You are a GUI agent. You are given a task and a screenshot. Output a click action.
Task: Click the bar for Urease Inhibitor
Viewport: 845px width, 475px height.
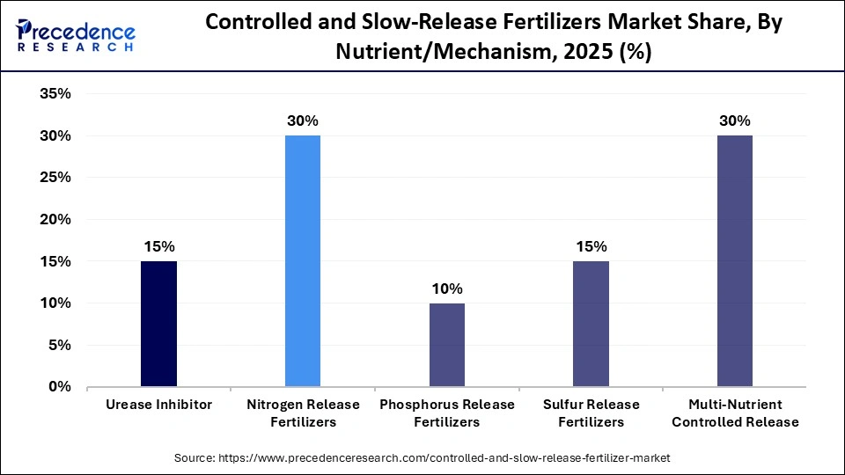(x=158, y=324)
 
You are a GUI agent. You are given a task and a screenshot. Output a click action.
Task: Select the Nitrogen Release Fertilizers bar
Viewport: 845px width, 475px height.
(x=303, y=261)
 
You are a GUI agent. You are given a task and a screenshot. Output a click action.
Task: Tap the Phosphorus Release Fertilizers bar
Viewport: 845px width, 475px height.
(x=447, y=345)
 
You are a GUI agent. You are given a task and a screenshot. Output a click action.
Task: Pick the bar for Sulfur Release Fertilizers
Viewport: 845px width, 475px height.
(x=591, y=324)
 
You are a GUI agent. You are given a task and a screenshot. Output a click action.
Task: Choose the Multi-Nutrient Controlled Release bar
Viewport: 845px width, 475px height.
(x=735, y=261)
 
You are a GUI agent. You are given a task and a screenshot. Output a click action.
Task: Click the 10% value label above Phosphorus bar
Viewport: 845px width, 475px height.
(x=447, y=289)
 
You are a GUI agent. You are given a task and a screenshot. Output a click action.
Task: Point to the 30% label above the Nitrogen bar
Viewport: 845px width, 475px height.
(x=303, y=121)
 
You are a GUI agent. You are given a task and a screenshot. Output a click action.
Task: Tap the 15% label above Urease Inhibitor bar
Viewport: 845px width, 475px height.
(x=158, y=246)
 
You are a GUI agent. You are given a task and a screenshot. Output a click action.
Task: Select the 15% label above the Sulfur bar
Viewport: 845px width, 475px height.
(x=591, y=246)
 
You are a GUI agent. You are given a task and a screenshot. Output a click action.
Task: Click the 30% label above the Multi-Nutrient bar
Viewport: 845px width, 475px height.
(x=735, y=121)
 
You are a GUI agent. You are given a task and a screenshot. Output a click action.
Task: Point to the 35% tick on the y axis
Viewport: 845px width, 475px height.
(x=55, y=94)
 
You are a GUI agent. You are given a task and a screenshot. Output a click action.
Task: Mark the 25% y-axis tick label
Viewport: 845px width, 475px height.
(x=55, y=178)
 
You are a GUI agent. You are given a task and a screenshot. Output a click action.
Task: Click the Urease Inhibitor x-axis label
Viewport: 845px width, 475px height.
(x=158, y=405)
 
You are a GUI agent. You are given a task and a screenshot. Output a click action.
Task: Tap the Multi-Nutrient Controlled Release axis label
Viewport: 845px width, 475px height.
(x=735, y=413)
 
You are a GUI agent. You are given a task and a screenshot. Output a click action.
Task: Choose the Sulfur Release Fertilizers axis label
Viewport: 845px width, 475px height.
(x=591, y=413)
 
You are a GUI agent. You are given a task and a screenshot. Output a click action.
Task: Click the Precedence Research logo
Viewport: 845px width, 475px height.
(x=76, y=37)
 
